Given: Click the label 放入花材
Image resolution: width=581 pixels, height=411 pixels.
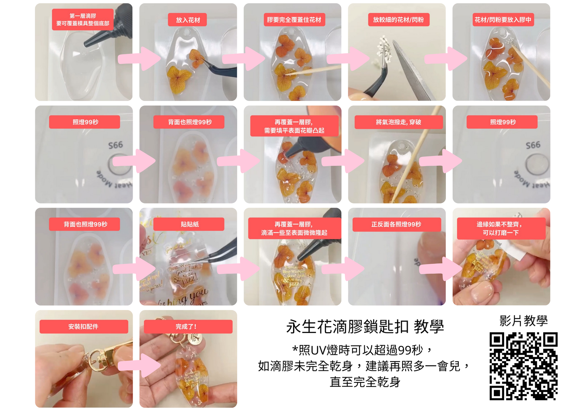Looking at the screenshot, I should click(187, 20).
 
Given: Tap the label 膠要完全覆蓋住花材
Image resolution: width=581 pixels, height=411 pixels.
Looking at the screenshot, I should click(294, 20).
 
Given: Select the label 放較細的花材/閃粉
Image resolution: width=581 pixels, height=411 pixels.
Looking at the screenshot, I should click(398, 20).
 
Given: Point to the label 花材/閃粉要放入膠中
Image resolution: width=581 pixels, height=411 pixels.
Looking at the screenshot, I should click(503, 20).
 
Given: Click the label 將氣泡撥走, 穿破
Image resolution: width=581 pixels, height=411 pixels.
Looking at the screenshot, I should click(398, 122).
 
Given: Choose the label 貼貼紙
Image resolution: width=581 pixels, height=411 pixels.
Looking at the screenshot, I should click(189, 224).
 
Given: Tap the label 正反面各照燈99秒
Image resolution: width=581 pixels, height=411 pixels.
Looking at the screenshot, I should click(396, 224).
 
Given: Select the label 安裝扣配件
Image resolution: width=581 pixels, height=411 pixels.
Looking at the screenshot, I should click(84, 327).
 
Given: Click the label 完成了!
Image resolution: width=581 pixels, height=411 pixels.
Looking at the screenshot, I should click(188, 327).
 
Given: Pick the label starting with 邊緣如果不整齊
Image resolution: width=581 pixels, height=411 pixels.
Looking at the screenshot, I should click(501, 228).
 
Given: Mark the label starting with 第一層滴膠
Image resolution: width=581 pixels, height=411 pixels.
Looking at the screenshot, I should click(83, 20).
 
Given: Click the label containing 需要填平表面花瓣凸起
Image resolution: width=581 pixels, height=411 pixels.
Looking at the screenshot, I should click(294, 126).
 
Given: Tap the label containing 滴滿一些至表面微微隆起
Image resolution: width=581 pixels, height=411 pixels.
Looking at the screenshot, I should click(294, 228).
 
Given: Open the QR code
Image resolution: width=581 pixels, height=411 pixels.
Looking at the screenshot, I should click(523, 366).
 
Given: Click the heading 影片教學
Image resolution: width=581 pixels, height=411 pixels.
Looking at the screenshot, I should click(524, 321).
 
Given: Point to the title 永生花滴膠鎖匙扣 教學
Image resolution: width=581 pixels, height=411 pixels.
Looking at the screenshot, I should click(365, 327).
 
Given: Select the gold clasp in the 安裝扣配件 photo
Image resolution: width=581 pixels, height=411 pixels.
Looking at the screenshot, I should click(99, 358).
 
